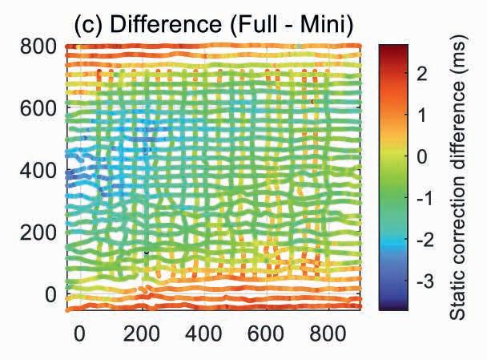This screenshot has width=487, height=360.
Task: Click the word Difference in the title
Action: (x=166, y=25)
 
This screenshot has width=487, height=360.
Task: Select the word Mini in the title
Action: (x=327, y=25)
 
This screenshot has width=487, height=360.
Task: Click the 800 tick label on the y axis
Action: (x=38, y=47)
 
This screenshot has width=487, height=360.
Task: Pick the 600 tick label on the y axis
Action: (x=38, y=109)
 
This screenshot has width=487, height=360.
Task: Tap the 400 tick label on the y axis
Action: (x=38, y=170)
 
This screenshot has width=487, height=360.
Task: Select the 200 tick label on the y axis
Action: (x=38, y=233)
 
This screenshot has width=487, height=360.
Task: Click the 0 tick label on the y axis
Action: (x=51, y=294)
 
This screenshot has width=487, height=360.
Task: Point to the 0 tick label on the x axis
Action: (x=79, y=334)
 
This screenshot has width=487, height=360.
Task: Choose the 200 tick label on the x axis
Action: (x=142, y=334)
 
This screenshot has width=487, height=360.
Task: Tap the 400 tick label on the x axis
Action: (x=203, y=334)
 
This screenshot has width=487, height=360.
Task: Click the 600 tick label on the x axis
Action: (x=266, y=334)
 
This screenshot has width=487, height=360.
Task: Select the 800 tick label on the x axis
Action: (x=328, y=334)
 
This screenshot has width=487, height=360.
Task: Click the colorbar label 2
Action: (x=422, y=74)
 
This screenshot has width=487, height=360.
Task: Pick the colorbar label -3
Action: (x=425, y=281)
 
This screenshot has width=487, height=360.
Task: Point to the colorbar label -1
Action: (x=425, y=198)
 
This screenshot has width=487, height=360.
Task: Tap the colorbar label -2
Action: (x=425, y=240)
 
